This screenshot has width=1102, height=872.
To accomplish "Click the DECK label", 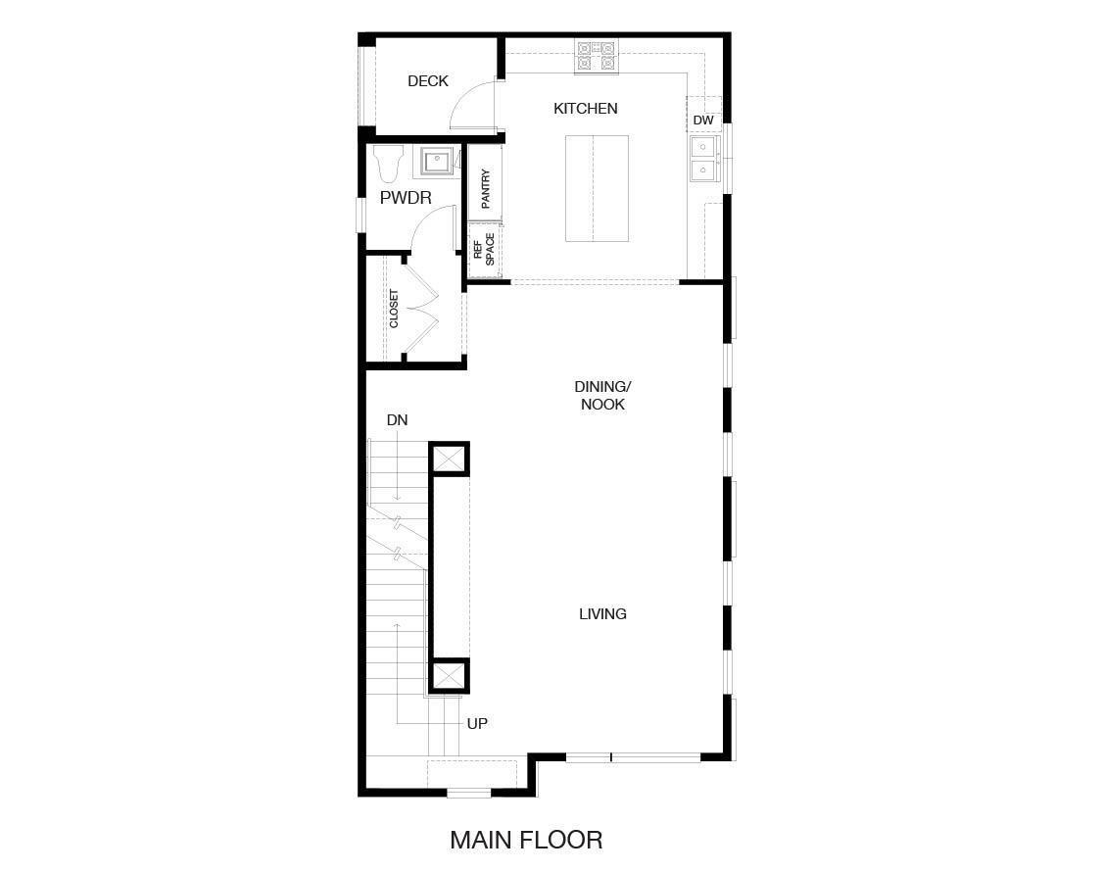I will coord(428,81).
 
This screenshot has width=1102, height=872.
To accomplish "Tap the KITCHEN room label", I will coord(586,109).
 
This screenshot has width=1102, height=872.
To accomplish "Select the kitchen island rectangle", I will coord(597,188).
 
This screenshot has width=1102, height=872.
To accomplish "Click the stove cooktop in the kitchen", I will coord(596,56).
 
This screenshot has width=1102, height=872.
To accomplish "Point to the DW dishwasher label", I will coord(703,121).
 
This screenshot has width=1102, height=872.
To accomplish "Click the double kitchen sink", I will coord(703,159).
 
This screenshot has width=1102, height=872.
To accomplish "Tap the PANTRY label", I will coord(486,189).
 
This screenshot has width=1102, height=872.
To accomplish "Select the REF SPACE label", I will coord(484,250).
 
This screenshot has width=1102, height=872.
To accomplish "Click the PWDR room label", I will coord(406,198).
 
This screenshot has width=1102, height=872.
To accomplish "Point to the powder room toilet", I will coord(389,164).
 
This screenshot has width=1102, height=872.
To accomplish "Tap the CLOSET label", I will coord(394,309).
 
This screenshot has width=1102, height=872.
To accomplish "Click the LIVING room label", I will coord(602,614).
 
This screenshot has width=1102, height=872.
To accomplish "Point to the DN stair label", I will coord(397,420).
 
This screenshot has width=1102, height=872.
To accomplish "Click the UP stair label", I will coord(477,724).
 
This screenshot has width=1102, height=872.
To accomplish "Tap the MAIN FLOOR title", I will coord(526,840).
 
